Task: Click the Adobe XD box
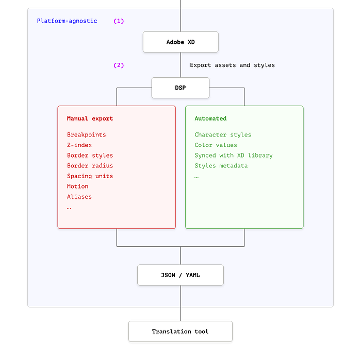click(180, 42)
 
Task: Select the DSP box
click(180, 88)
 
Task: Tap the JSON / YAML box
click(180, 275)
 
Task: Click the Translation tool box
click(180, 332)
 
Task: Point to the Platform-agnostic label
click(67, 21)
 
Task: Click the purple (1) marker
click(119, 21)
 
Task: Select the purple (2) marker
click(119, 65)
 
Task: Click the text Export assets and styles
click(232, 65)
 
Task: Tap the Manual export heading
click(90, 118)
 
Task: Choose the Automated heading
click(210, 118)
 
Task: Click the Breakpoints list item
click(86, 135)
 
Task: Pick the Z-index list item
click(79, 145)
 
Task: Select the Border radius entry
click(90, 166)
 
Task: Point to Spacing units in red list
click(90, 176)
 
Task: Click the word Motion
click(77, 186)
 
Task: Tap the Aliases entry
click(79, 197)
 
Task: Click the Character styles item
click(223, 135)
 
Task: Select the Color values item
click(216, 145)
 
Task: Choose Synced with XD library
click(234, 156)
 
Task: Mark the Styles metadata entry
click(221, 166)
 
